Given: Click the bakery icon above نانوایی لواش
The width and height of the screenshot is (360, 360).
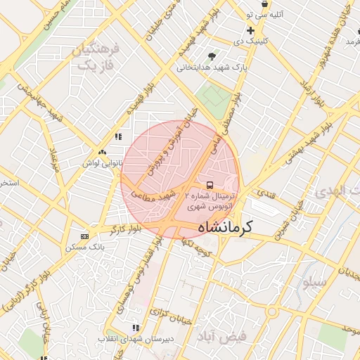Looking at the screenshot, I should [103, 152].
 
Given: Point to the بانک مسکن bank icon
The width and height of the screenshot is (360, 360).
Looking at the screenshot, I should [85, 236].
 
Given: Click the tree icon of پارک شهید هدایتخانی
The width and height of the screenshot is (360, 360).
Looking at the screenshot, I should [212, 56].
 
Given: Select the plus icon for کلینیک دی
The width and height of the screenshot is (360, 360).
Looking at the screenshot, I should [250, 30].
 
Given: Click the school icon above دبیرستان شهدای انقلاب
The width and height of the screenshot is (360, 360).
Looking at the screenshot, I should [136, 328].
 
